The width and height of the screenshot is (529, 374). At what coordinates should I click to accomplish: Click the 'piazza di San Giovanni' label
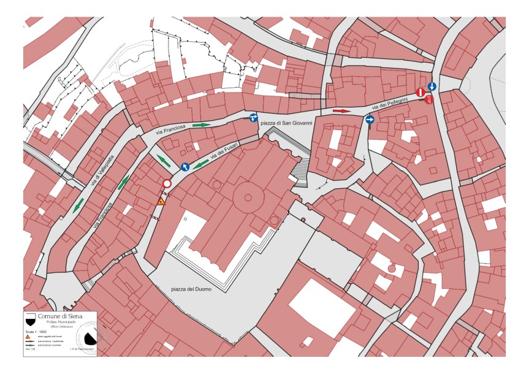click(286, 123)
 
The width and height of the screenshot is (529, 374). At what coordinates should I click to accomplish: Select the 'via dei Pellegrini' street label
click(398, 105)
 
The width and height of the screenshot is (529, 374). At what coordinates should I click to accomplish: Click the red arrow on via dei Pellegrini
click(341, 111)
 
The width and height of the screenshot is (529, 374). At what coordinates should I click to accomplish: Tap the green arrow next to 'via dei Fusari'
click(200, 164)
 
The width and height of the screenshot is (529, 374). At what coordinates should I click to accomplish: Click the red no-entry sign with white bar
click(421, 93)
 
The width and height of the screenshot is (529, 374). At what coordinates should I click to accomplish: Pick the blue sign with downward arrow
click(432, 86)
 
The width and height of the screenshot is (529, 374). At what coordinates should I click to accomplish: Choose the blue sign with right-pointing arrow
click(370, 120)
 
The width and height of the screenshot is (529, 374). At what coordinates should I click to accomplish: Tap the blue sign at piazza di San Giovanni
click(253, 118)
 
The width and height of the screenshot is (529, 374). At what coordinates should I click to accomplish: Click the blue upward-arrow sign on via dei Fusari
click(185, 167)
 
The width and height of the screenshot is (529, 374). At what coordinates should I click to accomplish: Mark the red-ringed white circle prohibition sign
click(167, 184)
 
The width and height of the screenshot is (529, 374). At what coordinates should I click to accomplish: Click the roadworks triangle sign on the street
click(161, 201)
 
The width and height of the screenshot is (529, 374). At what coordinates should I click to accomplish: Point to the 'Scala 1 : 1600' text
click(36, 331)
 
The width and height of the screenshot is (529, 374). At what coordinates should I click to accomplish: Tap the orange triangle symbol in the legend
click(28, 337)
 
